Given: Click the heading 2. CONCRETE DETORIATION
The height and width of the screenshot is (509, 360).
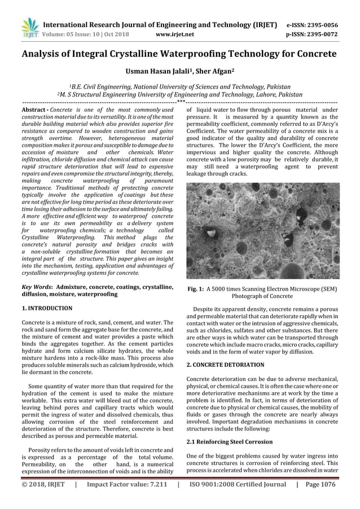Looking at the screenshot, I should pos(225,366).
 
